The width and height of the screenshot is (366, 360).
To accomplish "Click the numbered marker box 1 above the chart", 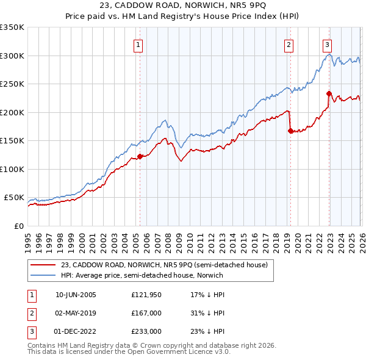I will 138,45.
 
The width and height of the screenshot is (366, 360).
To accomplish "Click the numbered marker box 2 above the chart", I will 288,45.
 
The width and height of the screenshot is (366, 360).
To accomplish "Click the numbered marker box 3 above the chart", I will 328,45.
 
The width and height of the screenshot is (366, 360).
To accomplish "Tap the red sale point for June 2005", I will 140,156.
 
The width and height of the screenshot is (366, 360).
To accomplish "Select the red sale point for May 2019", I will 290,131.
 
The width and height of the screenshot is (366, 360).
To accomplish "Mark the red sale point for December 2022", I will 329,93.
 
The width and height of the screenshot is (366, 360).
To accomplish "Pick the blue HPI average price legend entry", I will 142,275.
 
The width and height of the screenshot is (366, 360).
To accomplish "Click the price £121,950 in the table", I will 146,295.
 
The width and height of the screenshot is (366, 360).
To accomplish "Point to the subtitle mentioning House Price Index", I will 182,18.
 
